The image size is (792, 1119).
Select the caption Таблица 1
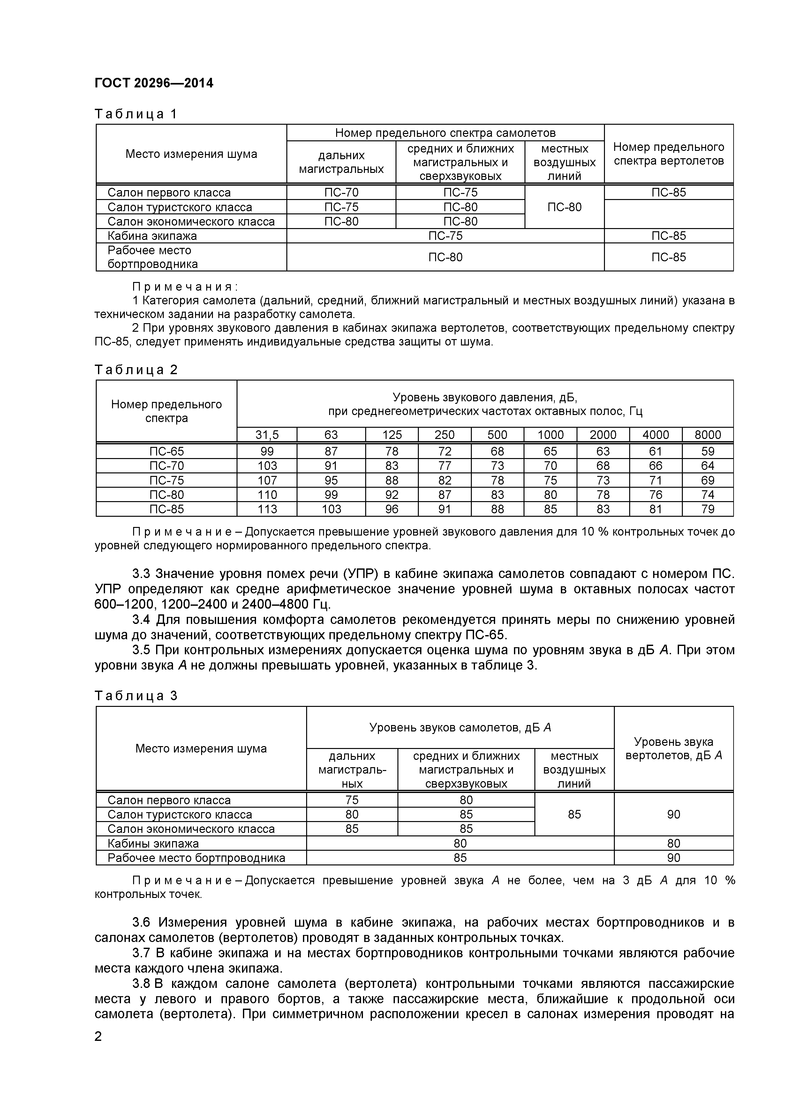tap(136, 114)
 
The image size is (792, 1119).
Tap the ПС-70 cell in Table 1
tap(341, 193)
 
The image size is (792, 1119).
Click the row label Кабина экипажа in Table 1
tap(152, 236)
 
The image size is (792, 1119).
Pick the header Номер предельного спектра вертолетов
tap(668, 154)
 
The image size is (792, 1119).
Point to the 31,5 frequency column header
tap(267, 435)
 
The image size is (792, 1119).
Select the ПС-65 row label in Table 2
tap(166, 451)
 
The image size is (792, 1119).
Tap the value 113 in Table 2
tap(267, 509)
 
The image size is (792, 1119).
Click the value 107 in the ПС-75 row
tap(267, 480)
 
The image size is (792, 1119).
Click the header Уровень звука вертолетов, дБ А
tap(674, 749)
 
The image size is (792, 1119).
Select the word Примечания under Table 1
tap(184, 286)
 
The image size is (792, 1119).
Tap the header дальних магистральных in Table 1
tap(341, 162)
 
